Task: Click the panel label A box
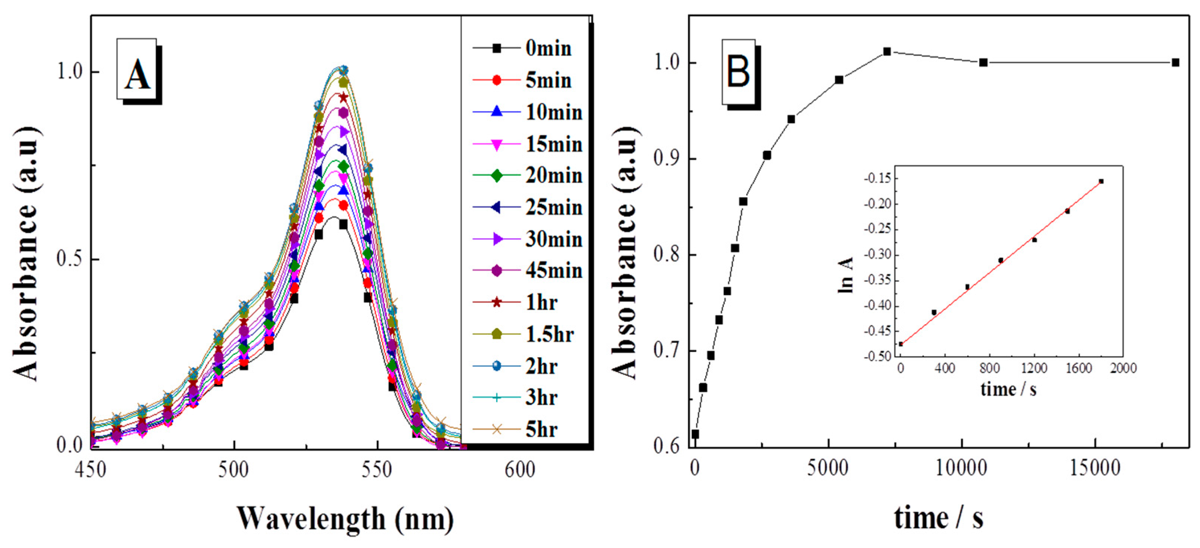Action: (x=137, y=69)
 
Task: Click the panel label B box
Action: (x=738, y=71)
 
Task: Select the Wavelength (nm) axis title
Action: (x=345, y=518)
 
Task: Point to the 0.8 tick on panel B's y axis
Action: (x=667, y=255)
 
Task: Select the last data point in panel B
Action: (x=1175, y=62)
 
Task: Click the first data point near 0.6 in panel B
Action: (x=695, y=434)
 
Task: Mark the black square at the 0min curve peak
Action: (x=343, y=225)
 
